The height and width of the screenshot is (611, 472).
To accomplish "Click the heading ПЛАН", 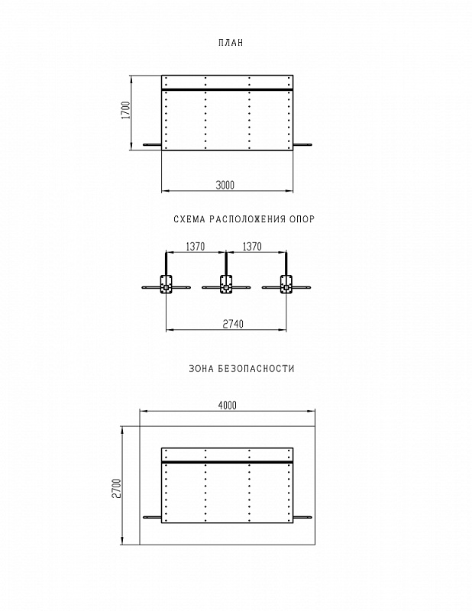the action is click(231, 43).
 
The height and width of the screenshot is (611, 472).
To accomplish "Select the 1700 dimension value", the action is click(126, 110).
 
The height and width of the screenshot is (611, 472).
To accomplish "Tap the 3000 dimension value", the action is click(225, 185).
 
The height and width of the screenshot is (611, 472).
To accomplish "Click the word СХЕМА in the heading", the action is click(189, 219).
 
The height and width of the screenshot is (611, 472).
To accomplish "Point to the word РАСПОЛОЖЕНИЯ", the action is click(247, 219).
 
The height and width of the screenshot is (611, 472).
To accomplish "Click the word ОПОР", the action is click(302, 219).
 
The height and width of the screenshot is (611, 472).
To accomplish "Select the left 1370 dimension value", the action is click(196, 247).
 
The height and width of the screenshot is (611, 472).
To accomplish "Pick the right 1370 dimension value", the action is click(252, 247).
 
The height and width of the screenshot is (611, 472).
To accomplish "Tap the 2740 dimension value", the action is click(233, 324).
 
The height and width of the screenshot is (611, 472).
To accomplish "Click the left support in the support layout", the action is click(166, 283).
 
